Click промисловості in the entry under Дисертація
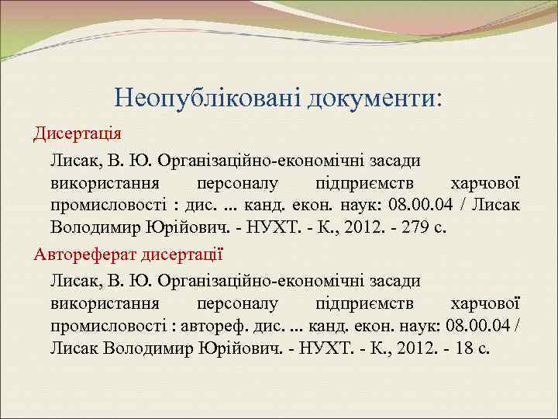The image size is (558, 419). coord(108,206)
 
